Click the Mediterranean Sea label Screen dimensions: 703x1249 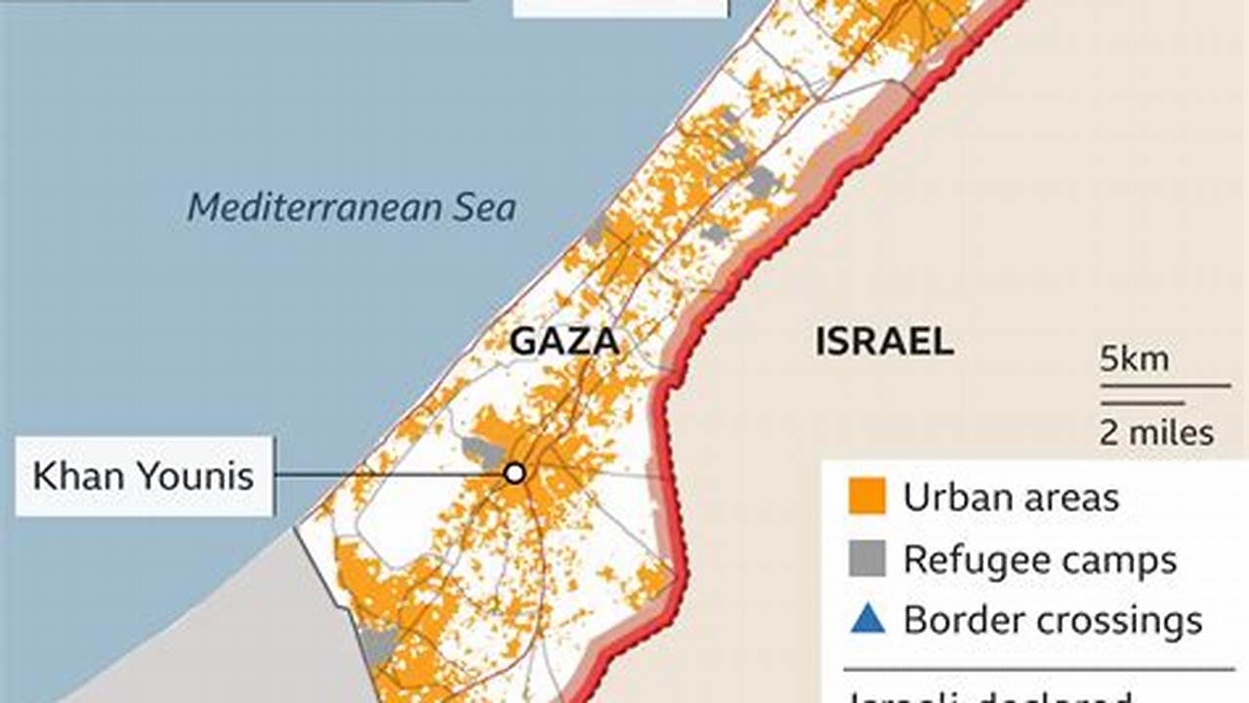point(352,208)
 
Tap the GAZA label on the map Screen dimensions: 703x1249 point(564,342)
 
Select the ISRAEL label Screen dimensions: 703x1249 point(884,342)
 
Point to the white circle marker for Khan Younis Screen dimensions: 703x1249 point(514,474)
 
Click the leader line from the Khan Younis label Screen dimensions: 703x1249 point(391,475)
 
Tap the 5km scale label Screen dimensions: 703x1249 point(1134,359)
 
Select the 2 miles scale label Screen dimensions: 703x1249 point(1156,432)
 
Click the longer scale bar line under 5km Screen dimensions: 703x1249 point(1165,386)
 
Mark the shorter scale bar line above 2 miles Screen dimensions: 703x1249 point(1143,402)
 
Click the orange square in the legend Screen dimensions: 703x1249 point(867,497)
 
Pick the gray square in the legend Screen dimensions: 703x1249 point(867,558)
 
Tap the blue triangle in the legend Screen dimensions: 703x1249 point(867,619)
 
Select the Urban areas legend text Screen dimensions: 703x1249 point(1011,498)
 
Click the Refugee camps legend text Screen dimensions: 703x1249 point(1040,560)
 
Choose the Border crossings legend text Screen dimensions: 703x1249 point(1053,621)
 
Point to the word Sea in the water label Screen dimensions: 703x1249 point(480,208)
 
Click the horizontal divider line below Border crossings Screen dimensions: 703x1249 point(1038,670)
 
